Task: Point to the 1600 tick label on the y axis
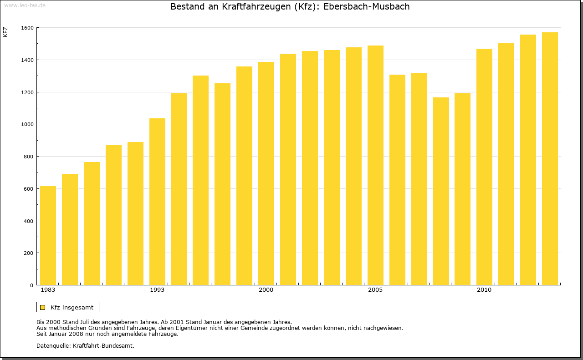[x=27, y=28]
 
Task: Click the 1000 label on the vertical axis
[x=27, y=124]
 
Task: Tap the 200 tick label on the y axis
[x=29, y=253]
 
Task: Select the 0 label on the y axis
[x=31, y=285]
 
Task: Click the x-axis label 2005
[x=375, y=290]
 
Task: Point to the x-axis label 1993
[x=157, y=290]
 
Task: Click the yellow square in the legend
[x=43, y=307]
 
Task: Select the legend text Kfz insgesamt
[x=72, y=307]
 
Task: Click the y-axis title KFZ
[x=5, y=32]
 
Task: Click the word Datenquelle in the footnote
[x=53, y=345]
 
